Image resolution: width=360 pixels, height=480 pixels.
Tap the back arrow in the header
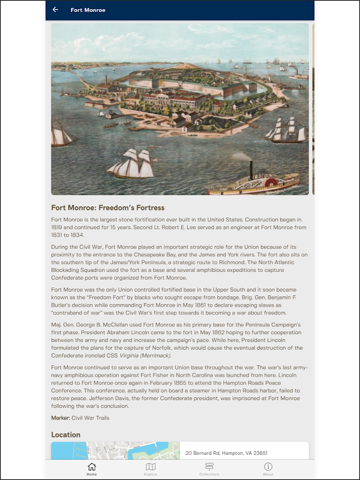click(x=56, y=10)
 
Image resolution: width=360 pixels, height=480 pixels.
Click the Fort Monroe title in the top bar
click(x=88, y=10)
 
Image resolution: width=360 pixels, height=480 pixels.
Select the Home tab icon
click(x=92, y=467)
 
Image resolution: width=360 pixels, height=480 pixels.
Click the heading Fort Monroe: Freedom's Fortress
click(x=108, y=208)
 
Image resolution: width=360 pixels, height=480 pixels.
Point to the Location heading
click(x=66, y=434)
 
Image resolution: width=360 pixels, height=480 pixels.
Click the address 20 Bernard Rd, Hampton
click(x=227, y=453)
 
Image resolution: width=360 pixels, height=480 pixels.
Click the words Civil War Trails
click(x=91, y=418)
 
